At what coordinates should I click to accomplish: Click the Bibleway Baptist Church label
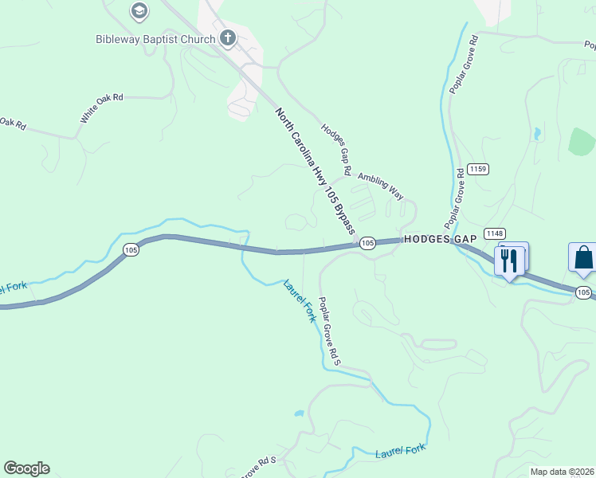click(x=155, y=39)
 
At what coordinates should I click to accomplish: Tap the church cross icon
click(x=229, y=37)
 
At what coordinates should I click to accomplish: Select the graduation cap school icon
click(x=139, y=11)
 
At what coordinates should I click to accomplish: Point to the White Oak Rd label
click(x=101, y=108)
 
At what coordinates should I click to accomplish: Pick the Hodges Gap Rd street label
click(x=336, y=149)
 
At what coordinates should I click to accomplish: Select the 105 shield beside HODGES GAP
click(x=367, y=242)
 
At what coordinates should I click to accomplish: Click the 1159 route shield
click(x=478, y=169)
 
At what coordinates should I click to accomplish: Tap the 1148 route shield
click(x=494, y=233)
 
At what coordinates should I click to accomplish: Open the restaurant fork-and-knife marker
click(x=510, y=260)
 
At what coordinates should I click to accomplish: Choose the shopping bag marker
click(x=583, y=258)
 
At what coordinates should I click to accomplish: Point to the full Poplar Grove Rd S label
click(x=330, y=331)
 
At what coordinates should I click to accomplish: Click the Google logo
click(x=26, y=468)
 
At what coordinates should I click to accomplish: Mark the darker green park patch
click(x=583, y=142)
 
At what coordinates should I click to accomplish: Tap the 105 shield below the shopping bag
click(x=583, y=293)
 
